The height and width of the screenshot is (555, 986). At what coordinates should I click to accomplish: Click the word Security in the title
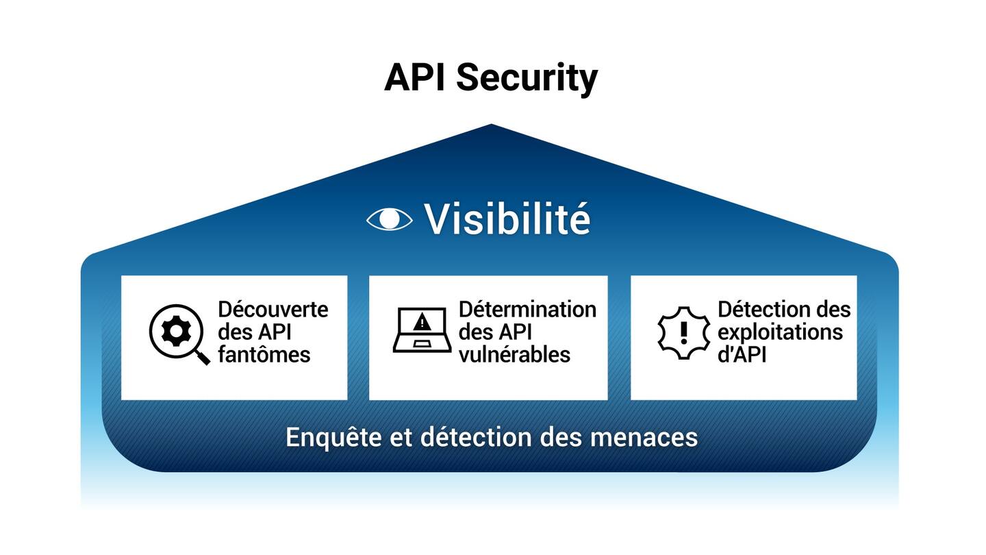[527, 77]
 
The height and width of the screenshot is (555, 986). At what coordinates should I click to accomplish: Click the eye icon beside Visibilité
[390, 219]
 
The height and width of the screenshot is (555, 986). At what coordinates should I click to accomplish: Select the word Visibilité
[507, 219]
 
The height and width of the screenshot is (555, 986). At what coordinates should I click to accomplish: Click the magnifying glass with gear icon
[177, 333]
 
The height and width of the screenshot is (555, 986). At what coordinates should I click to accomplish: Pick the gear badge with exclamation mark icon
[683, 332]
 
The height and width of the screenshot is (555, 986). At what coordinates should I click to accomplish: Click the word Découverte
[273, 309]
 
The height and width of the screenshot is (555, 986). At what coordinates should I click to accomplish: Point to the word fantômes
[264, 354]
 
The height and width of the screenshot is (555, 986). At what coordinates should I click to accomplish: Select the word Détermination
[527, 309]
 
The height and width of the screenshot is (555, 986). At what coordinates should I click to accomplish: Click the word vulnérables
[514, 354]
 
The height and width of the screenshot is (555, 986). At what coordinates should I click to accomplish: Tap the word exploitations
[780, 332]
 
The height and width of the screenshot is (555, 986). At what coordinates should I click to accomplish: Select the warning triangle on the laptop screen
[422, 321]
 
